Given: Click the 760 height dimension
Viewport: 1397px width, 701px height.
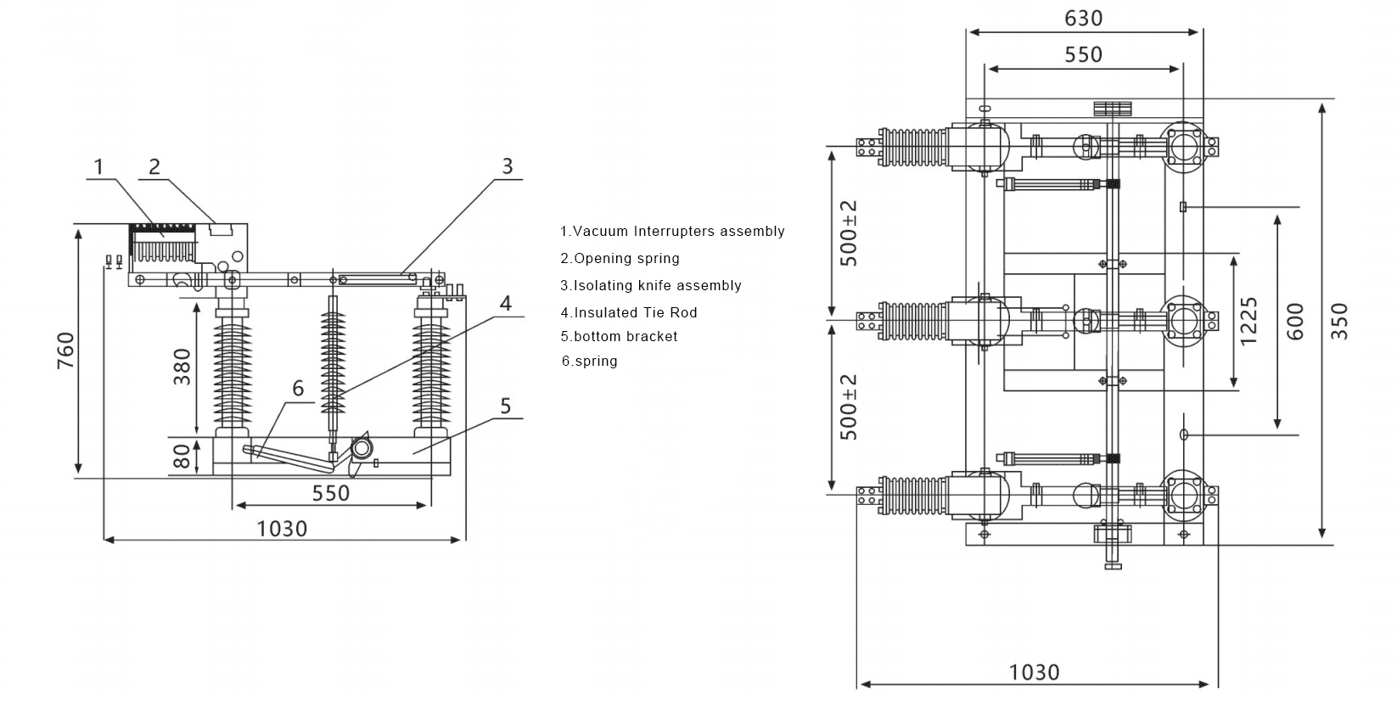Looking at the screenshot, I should click(65, 350).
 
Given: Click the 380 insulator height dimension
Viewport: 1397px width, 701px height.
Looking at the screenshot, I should click(182, 367).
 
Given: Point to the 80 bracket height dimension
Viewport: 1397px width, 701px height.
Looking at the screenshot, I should click(182, 457).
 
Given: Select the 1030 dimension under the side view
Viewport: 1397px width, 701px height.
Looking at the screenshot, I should click(282, 529).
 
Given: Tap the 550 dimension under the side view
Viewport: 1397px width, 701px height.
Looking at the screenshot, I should click(331, 493).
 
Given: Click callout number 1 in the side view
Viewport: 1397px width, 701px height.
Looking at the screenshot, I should click(98, 165).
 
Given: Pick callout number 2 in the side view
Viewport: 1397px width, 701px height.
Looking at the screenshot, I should click(154, 165).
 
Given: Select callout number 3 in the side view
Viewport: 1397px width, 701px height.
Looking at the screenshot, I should click(507, 165).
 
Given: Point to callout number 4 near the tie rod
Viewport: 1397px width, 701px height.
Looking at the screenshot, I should click(505, 303).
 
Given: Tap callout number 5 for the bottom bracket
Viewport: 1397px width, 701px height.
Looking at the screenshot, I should click(505, 406).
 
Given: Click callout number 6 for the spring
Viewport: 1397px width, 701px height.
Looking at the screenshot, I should click(298, 388).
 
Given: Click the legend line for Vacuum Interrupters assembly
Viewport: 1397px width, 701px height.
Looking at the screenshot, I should click(672, 231).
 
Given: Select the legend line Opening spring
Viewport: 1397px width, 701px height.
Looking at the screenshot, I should click(620, 258).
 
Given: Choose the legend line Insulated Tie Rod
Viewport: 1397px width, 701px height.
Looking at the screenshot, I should click(628, 312).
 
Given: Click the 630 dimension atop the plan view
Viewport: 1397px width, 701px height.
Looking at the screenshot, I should click(1083, 18).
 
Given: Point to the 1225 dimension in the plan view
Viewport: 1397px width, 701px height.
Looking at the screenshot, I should click(1248, 321).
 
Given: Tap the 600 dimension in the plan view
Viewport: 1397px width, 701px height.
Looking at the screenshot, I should click(1295, 321).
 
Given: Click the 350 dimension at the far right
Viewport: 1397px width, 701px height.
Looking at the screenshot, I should click(1338, 321).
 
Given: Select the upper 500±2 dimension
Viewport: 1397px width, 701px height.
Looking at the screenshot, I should click(849, 233).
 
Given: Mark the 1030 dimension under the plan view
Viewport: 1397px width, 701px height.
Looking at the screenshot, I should click(1034, 672).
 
